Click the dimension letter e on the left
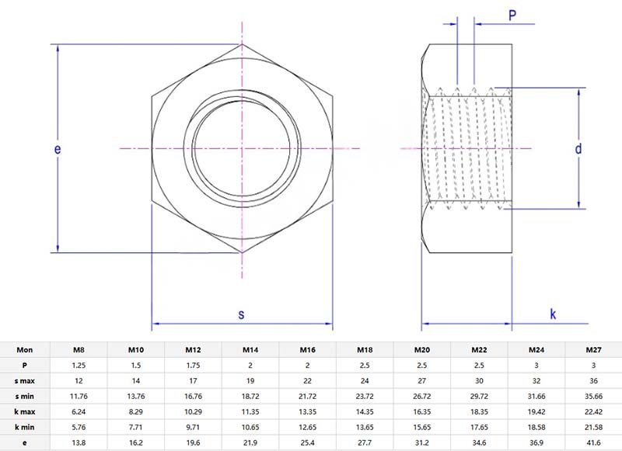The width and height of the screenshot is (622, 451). tap(58, 148)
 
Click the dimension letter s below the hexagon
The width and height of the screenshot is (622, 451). tap(241, 314)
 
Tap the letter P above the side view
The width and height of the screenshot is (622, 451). tap(513, 15)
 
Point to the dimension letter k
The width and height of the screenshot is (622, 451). tap(553, 314)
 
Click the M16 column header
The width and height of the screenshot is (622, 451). tap(307, 350)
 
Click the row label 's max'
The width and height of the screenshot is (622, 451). tap(25, 381)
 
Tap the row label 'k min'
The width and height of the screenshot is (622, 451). tap(25, 427)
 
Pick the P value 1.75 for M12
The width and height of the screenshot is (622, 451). tap(193, 366)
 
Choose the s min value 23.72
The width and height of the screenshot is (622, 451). tap(364, 396)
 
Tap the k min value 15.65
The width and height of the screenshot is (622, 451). tap(421, 427)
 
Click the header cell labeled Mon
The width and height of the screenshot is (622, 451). tap(25, 350)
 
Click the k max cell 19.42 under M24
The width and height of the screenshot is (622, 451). tap(536, 411)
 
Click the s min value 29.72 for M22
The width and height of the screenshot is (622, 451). tap(479, 396)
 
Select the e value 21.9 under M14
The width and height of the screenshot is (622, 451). tap(250, 442)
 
